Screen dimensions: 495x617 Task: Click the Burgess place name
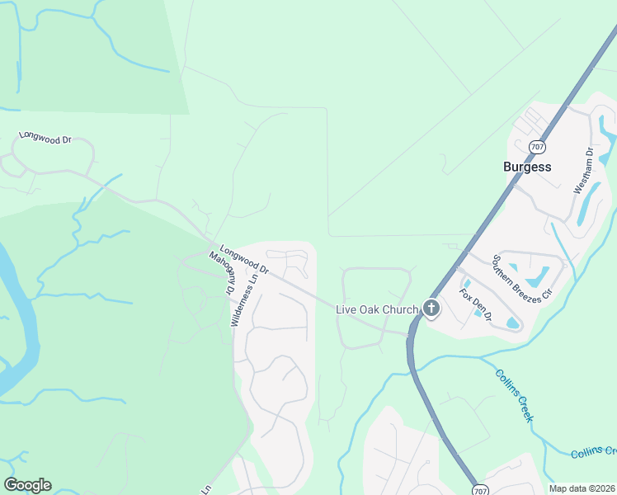[527, 166]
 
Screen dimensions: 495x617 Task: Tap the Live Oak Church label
[377, 309]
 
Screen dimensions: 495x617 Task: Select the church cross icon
[431, 309]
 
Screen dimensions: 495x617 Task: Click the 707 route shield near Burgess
[538, 147]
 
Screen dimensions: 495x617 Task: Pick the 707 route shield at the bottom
[479, 490]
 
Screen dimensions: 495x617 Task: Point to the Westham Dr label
[584, 170]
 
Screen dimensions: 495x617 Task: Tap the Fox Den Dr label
[476, 304]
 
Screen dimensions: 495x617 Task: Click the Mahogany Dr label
[221, 271]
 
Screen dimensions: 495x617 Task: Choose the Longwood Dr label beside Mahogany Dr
[245, 258]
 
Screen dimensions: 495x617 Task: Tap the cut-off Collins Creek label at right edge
[593, 452]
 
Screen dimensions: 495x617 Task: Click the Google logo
[27, 485]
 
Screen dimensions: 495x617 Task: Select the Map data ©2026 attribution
[582, 488]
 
